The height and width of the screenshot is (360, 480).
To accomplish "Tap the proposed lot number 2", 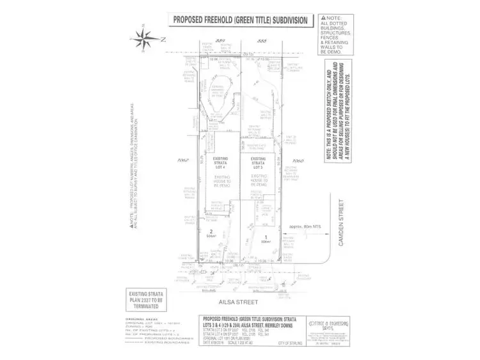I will click(209, 232).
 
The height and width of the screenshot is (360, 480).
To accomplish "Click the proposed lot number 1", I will click(264, 239).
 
